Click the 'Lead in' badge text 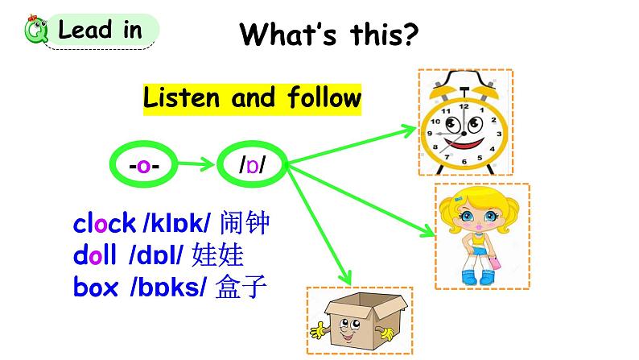[100, 31]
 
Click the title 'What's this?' [330, 34]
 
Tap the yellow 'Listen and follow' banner [252, 98]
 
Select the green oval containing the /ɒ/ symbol [252, 166]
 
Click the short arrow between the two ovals [196, 166]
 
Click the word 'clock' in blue [104, 224]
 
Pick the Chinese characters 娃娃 [217, 256]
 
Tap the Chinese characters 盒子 [241, 287]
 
